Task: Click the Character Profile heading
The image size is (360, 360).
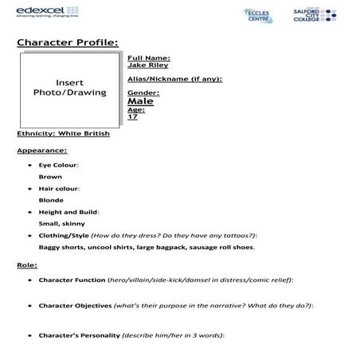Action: point(67,41)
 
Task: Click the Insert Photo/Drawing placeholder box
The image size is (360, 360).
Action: point(69,88)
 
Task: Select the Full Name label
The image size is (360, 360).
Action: point(148,58)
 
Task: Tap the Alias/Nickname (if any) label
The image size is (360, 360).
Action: point(174,79)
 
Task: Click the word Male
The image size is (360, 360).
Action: point(140,101)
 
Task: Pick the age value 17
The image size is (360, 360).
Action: point(132,116)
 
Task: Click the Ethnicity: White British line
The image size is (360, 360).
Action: point(63,133)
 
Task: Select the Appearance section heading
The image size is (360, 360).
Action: point(41,150)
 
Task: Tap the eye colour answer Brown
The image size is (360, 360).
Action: point(50,176)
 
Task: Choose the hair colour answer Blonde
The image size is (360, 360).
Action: point(52,200)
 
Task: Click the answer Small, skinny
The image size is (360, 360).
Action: point(61,224)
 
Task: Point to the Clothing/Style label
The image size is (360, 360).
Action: point(64,236)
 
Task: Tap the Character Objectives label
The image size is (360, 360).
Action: point(78,305)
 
